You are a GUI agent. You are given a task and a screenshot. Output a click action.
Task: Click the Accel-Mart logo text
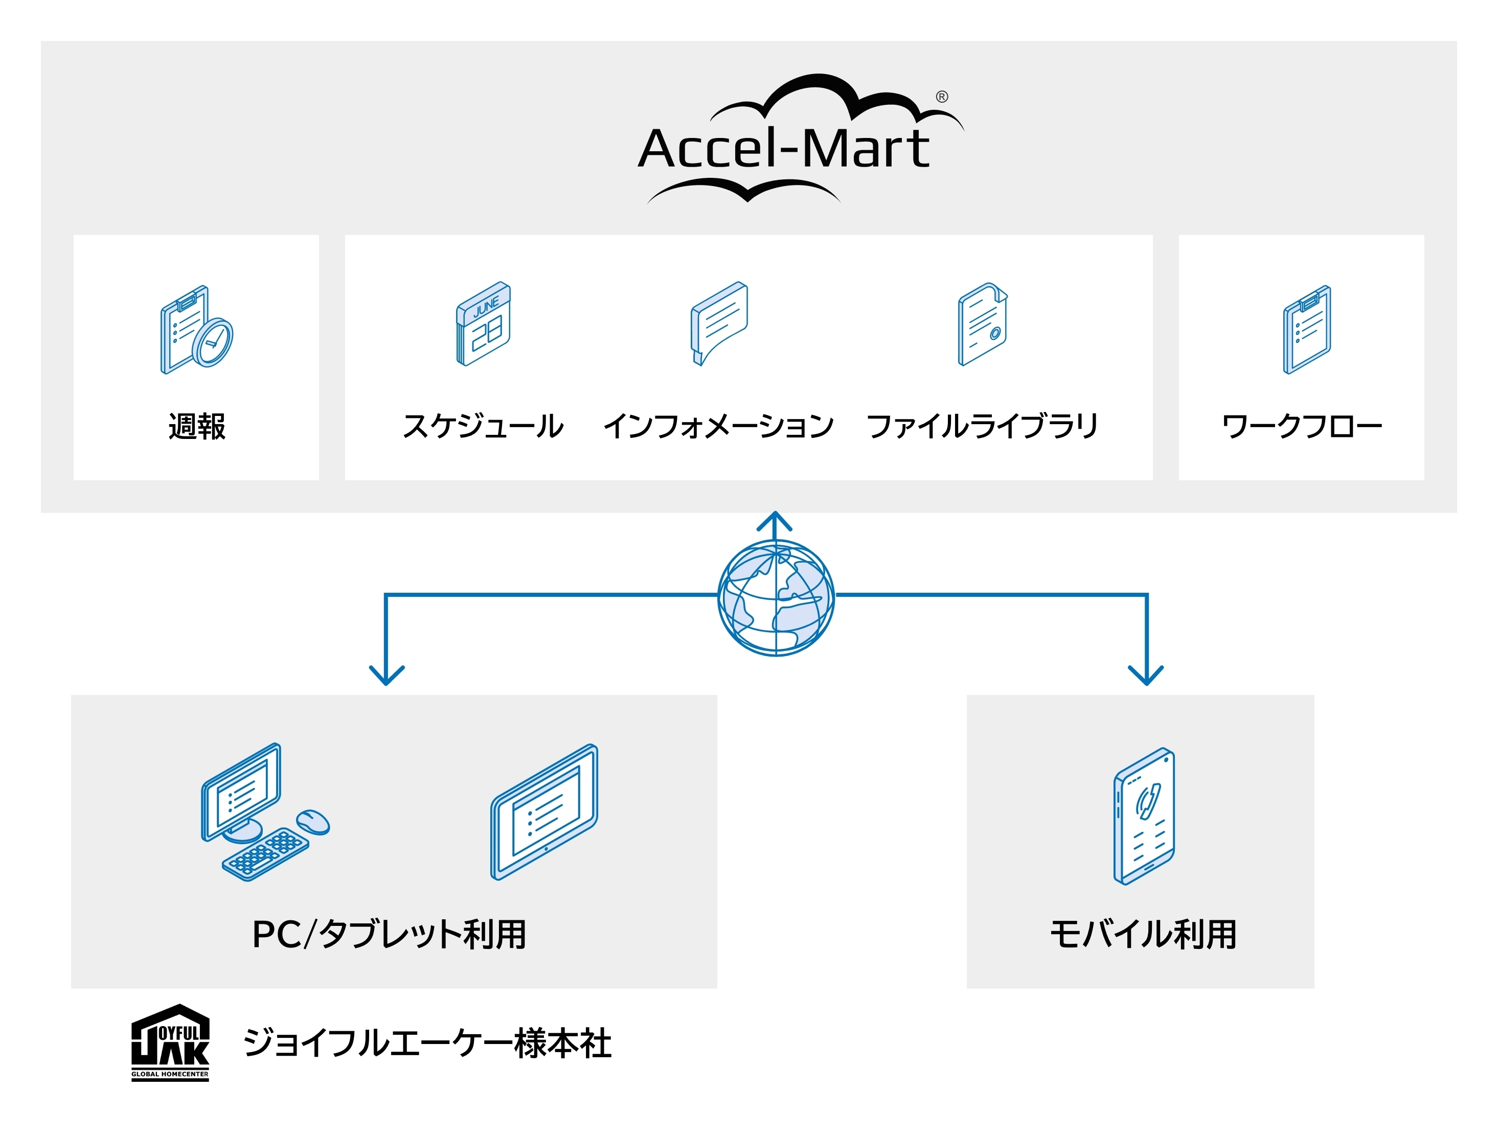coord(783,149)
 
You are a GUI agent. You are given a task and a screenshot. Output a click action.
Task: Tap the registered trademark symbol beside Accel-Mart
coord(941,97)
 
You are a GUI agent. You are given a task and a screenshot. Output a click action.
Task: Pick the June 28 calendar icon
coord(483,324)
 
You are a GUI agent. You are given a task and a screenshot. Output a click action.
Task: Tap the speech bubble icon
coord(719,323)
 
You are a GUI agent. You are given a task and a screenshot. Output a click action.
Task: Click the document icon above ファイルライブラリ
coord(982,324)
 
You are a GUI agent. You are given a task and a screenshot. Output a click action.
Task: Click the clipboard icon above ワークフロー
coord(1306,330)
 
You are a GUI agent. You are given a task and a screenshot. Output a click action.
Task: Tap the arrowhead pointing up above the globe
coord(775,522)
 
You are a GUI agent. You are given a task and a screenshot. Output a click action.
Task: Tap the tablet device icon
coord(544,811)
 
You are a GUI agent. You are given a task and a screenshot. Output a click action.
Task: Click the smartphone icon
coord(1144,816)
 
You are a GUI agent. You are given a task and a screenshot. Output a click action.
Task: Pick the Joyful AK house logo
coord(170,1042)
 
